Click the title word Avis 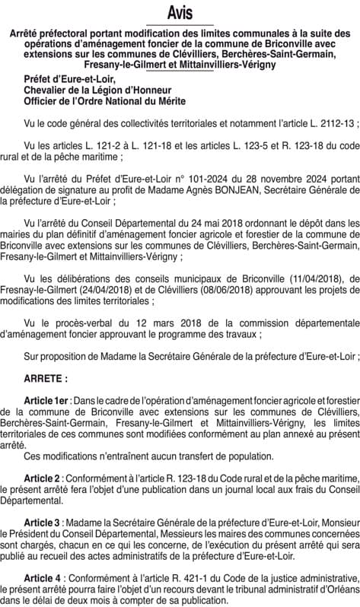[180, 13]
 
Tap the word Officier [43, 100]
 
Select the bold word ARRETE [44, 377]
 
